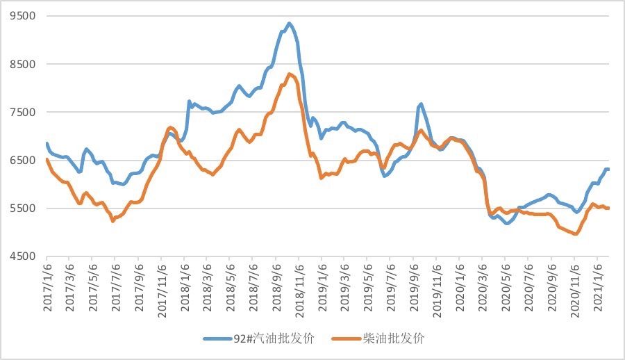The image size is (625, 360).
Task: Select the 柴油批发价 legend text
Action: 393,338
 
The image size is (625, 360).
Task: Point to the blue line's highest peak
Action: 290,23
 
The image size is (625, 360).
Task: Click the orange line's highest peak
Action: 290,74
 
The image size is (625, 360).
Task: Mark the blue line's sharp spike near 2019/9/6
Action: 420,104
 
